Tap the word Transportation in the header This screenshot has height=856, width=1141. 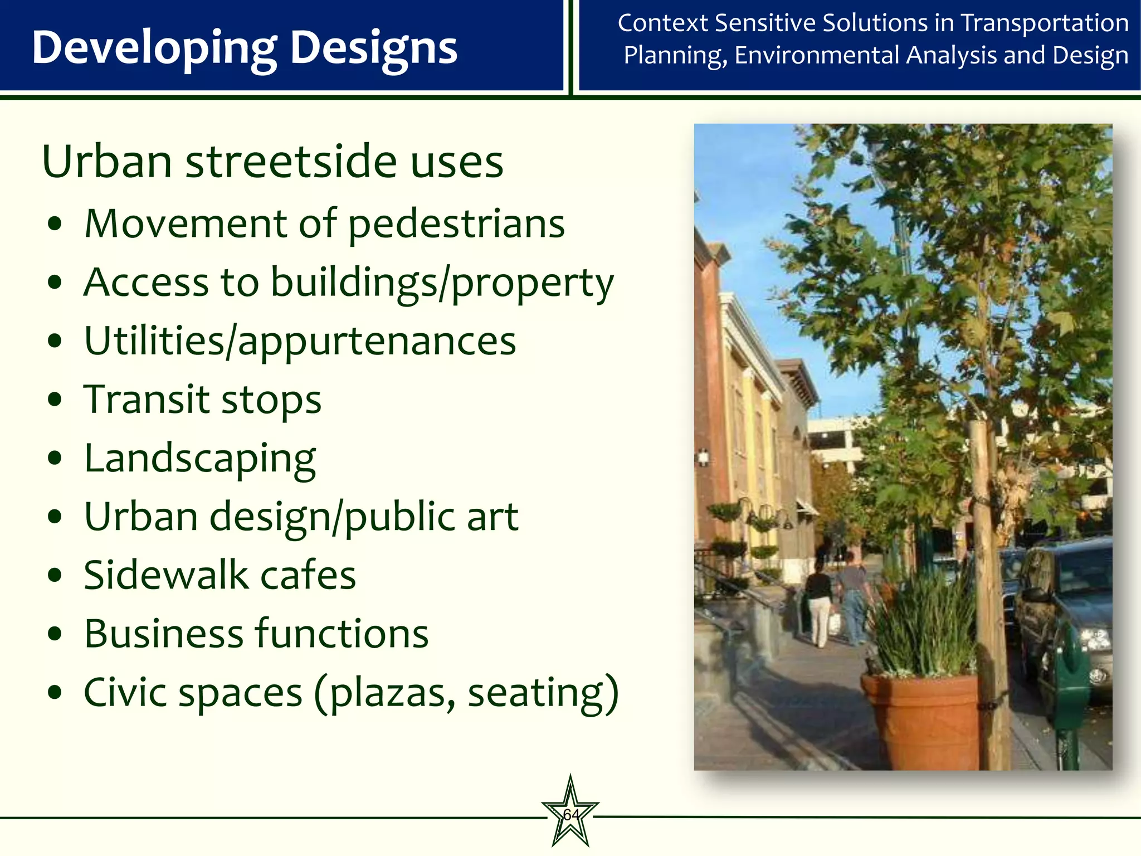point(1045,23)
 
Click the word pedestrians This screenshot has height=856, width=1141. point(456,224)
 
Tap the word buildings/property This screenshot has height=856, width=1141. point(442,283)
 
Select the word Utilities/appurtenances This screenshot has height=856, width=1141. point(300,342)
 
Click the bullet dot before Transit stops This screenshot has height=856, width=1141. point(55,400)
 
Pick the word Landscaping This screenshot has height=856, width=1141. point(199,459)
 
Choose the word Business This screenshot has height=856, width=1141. point(164,634)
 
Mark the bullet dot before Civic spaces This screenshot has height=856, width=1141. point(55,693)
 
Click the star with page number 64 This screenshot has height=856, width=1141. point(570,814)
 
